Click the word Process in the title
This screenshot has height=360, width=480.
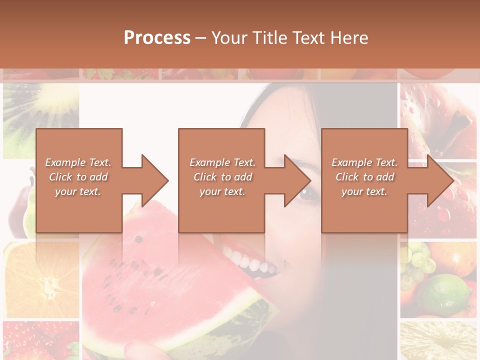click(x=157, y=38)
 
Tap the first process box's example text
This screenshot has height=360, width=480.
click(x=78, y=177)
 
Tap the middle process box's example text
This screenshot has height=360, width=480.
click(x=222, y=177)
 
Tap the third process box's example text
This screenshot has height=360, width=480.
click(x=364, y=177)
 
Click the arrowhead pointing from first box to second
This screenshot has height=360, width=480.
click(x=153, y=180)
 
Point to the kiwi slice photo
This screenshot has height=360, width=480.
click(x=40, y=115)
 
